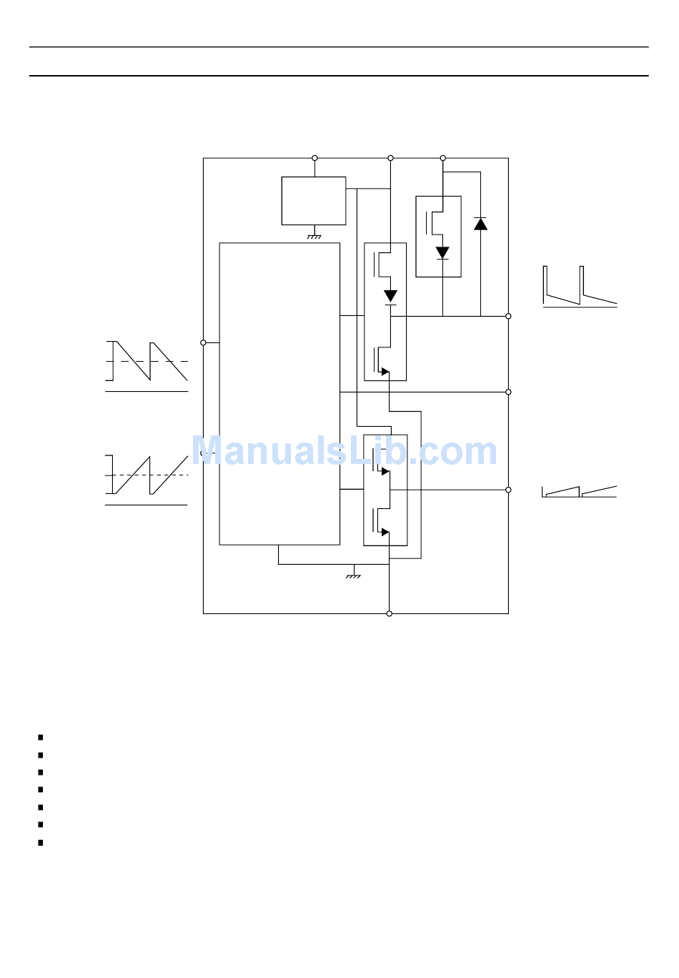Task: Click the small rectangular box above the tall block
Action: pos(314,201)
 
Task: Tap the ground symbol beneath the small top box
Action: pos(314,235)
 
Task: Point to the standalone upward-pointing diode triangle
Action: pos(481,223)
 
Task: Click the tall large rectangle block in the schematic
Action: pos(279,394)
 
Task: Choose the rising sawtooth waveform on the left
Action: pos(147,477)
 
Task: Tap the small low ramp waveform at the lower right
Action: pos(579,491)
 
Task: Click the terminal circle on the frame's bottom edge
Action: pos(390,613)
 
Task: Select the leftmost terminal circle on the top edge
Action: pos(314,158)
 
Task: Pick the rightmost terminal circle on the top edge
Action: pos(442,158)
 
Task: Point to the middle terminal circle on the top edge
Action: pos(390,158)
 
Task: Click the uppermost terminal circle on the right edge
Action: pos(508,316)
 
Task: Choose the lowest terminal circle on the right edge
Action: pos(508,490)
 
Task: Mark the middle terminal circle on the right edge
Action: pos(508,392)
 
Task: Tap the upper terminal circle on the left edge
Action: pos(203,342)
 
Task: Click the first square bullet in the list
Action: pos(41,737)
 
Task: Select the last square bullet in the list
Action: pos(41,843)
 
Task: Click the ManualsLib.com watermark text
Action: pos(344,451)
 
